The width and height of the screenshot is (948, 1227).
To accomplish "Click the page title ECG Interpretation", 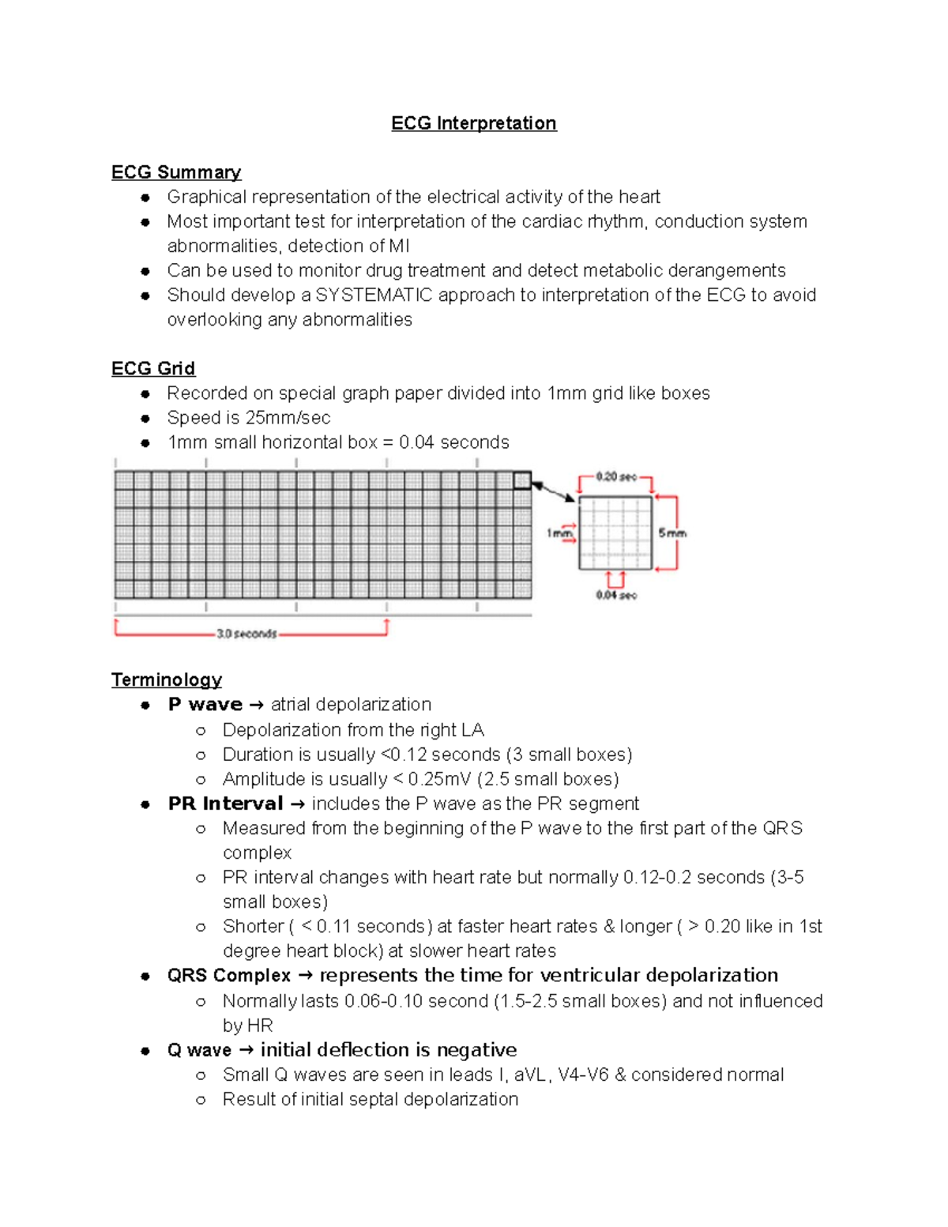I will point(473,123).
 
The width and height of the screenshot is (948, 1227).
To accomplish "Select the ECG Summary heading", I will point(175,172).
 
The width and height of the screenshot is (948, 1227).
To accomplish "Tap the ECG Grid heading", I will point(153,368).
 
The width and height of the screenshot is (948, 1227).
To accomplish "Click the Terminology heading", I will point(166,679).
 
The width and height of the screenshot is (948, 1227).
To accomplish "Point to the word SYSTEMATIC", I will point(374,295).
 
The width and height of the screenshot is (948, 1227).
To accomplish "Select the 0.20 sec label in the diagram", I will point(615,477).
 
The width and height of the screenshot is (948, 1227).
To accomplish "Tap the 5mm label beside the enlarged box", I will point(672,533).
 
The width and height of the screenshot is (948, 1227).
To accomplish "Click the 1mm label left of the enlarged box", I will point(559,533).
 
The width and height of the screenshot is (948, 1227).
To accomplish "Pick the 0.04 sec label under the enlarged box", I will point(615,595).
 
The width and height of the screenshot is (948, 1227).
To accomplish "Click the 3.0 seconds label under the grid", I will point(246,634).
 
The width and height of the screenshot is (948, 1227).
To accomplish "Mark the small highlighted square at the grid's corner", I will point(522,480).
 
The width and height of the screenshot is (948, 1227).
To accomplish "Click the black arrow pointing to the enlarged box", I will point(554,492).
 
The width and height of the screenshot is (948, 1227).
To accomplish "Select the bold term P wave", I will point(205,704).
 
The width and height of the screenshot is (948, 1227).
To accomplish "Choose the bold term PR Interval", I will point(225,804).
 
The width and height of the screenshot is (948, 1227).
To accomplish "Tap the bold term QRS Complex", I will point(228,976).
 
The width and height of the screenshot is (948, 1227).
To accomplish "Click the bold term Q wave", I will point(199,1050).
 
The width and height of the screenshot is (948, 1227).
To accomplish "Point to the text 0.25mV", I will point(439,779).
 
